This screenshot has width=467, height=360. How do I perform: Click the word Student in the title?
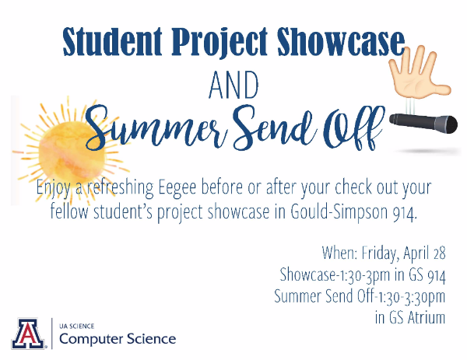(112, 41)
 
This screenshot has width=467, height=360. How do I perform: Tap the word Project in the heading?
(219, 42)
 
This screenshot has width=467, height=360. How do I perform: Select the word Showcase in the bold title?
(341, 41)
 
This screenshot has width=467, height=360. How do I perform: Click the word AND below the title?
(233, 85)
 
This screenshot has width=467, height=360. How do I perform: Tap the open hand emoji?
(420, 72)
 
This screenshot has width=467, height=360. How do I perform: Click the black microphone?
(423, 123)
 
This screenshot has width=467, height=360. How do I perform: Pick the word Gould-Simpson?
(339, 212)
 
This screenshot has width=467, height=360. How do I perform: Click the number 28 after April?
(440, 253)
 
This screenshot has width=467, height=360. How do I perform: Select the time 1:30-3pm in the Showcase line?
(363, 275)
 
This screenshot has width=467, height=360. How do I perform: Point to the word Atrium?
(427, 317)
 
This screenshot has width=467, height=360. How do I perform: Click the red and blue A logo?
(28, 334)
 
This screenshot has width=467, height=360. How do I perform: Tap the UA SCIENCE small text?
(76, 326)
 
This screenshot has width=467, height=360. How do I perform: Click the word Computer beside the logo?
(91, 339)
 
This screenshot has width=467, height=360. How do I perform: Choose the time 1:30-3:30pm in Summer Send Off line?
(412, 297)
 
